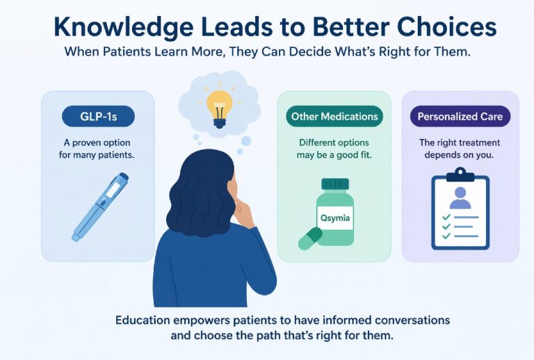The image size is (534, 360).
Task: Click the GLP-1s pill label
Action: (x=97, y=116)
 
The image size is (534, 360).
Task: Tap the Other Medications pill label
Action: (x=334, y=116)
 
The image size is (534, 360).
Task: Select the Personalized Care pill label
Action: (x=459, y=116)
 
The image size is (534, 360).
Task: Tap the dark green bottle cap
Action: (x=334, y=185)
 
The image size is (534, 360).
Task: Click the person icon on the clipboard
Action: (x=459, y=197)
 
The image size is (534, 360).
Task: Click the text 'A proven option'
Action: (x=97, y=142)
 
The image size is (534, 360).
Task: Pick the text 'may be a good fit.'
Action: (x=334, y=155)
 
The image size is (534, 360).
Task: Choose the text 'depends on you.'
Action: (x=459, y=155)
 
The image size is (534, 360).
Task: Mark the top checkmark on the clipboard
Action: (x=445, y=218)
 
